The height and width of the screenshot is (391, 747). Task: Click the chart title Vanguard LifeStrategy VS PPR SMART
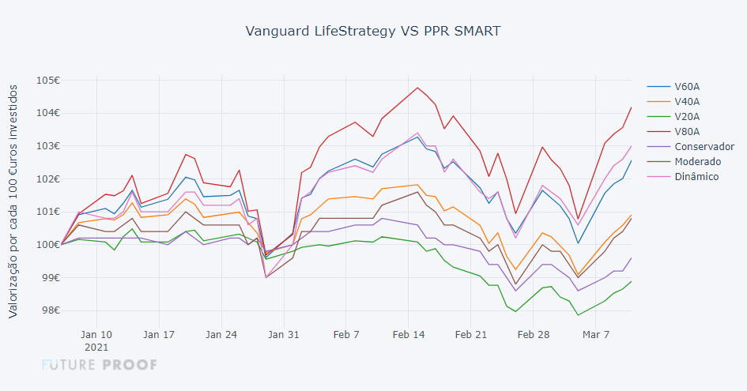pyautogui.click(x=373, y=32)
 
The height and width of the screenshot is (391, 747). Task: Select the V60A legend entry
pyautogui.click(x=687, y=86)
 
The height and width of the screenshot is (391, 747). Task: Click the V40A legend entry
pyautogui.click(x=687, y=101)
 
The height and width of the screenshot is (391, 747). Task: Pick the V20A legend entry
pyautogui.click(x=687, y=116)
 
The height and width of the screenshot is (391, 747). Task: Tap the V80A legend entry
pyautogui.click(x=687, y=131)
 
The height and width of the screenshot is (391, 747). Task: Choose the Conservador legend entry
pyautogui.click(x=704, y=146)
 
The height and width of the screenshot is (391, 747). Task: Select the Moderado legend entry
pyautogui.click(x=697, y=161)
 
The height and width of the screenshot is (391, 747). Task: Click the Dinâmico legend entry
pyautogui.click(x=696, y=176)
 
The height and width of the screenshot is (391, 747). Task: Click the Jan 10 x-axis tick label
pyautogui.click(x=96, y=334)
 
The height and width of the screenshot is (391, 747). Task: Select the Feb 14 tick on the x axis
pyautogui.click(x=409, y=334)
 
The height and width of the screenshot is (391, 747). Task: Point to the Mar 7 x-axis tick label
pyautogui.click(x=596, y=334)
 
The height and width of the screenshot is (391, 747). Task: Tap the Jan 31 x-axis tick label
pyautogui.click(x=284, y=334)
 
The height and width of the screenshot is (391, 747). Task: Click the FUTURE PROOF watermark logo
pyautogui.click(x=99, y=364)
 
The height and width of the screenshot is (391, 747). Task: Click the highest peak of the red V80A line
pyautogui.click(x=417, y=88)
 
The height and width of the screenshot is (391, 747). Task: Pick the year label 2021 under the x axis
pyautogui.click(x=96, y=347)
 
